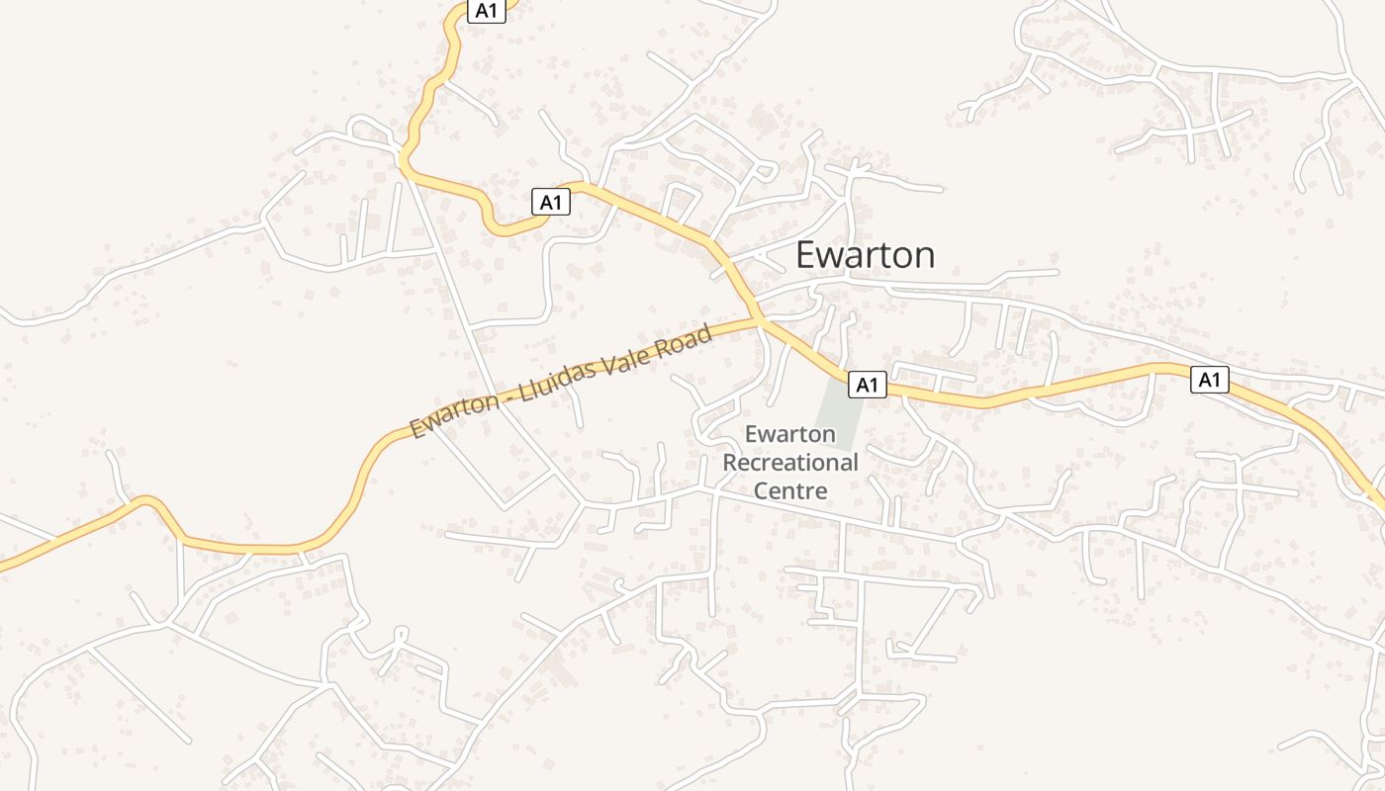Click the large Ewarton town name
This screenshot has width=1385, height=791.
pos(865,255)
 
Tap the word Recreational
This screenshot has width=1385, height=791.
pos(790,462)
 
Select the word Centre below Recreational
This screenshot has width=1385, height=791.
pos(790,489)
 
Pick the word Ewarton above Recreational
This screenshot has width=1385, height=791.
pos(790,434)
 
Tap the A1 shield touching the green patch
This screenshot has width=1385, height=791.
pos(867,385)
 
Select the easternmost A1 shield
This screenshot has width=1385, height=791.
pos(1209,379)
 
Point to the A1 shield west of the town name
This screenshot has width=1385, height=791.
pos(551,202)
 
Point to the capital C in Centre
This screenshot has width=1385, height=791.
pos(762,489)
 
